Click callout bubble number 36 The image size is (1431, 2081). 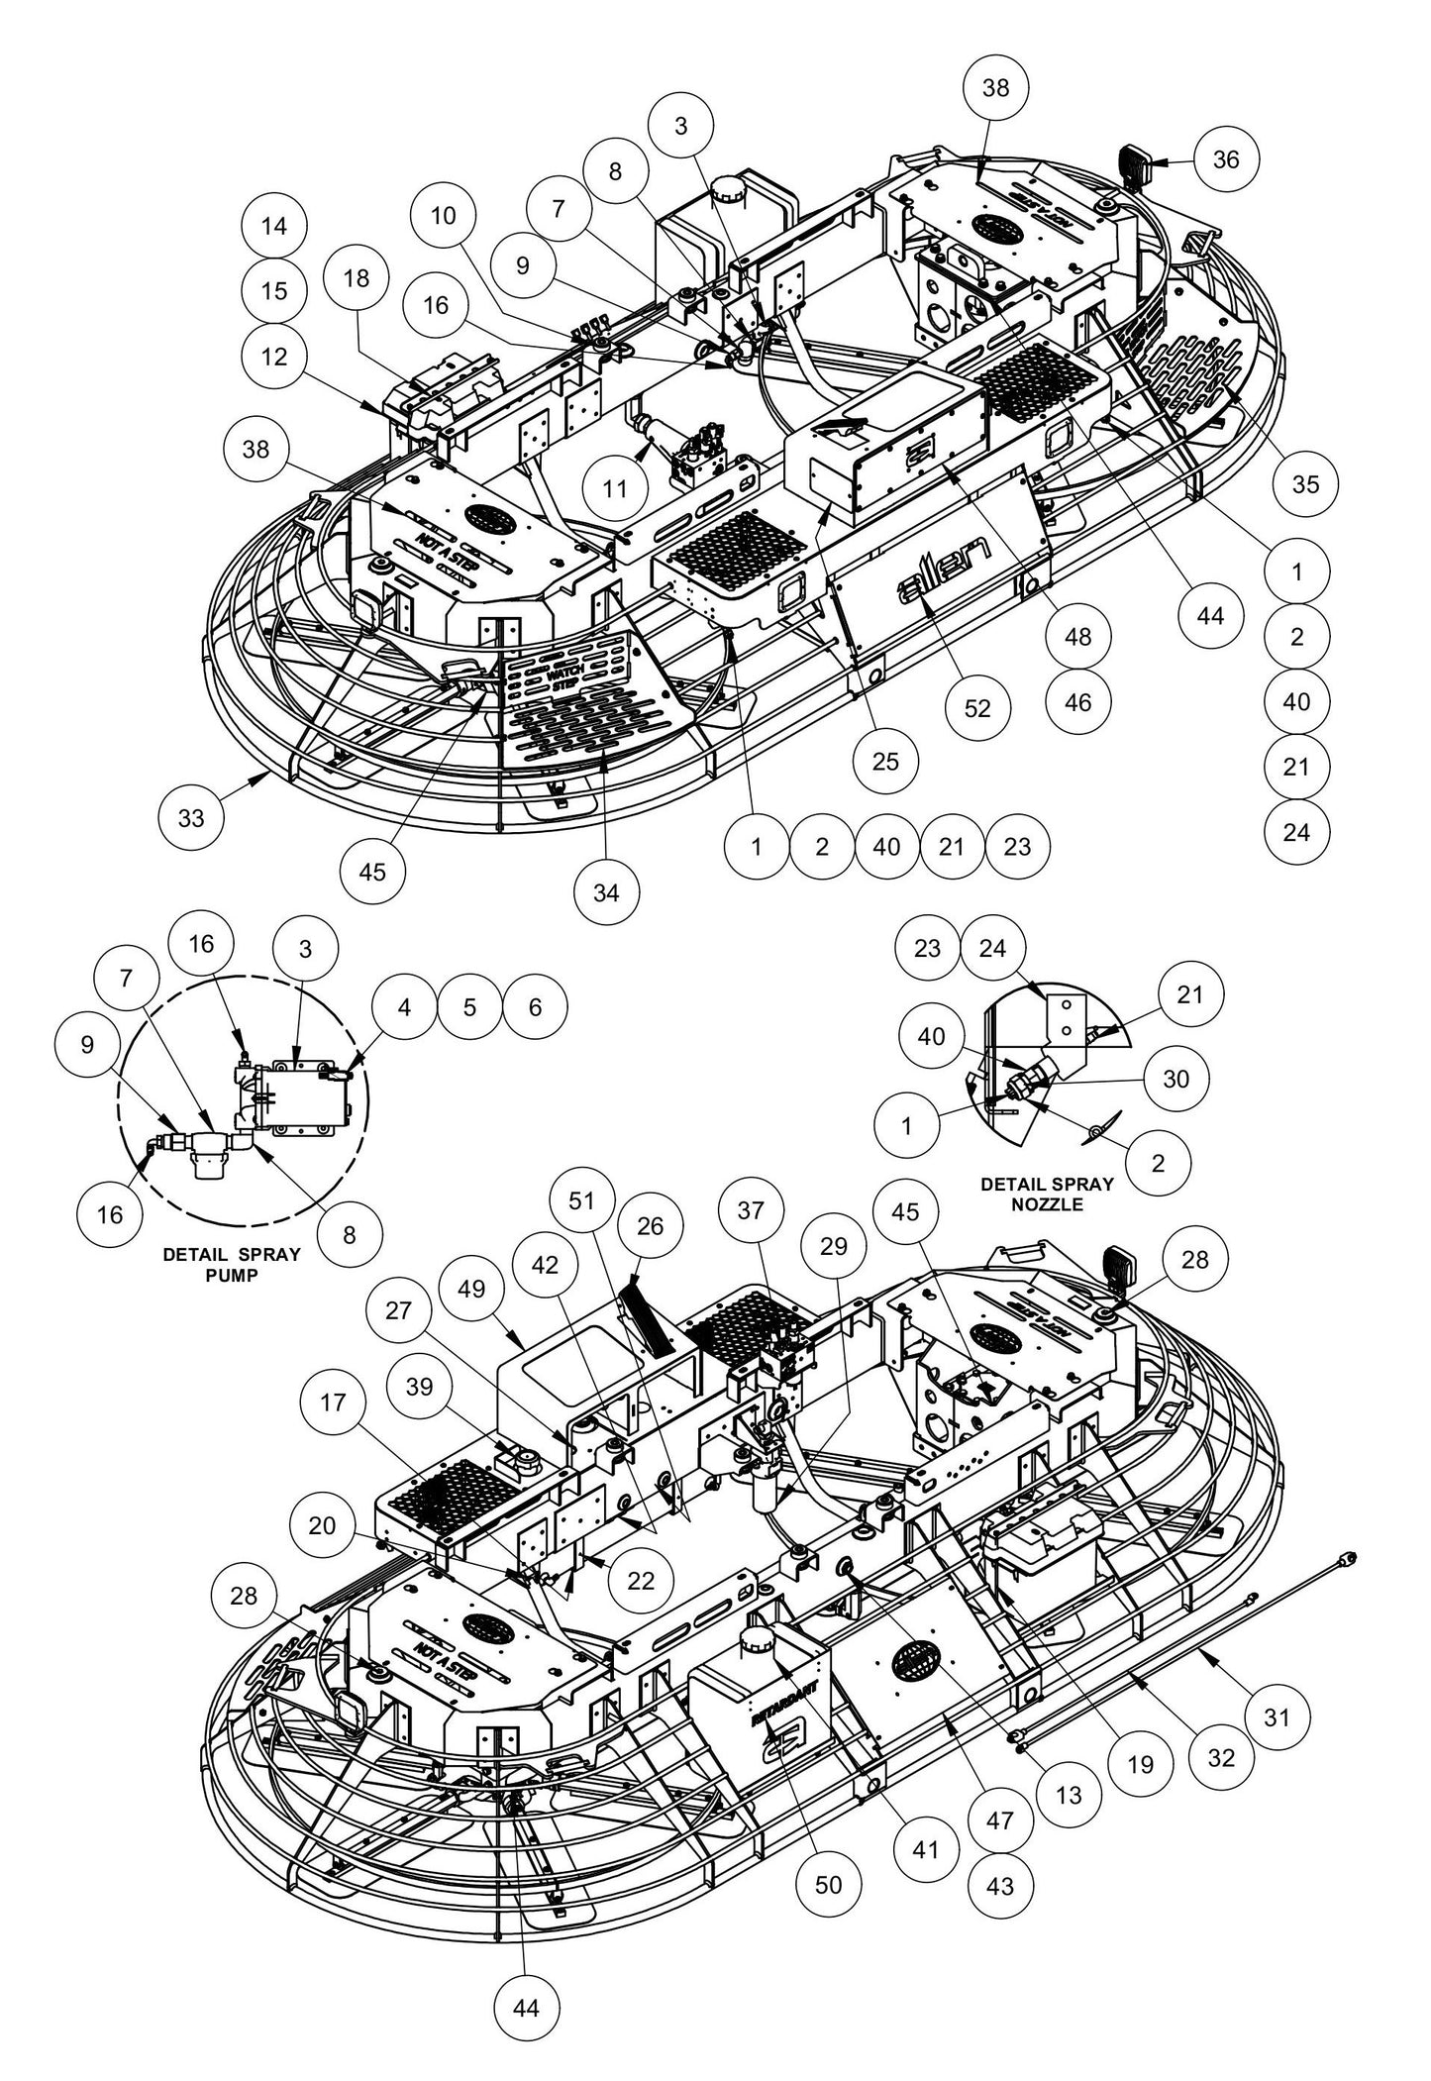click(1226, 159)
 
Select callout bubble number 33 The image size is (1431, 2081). click(191, 818)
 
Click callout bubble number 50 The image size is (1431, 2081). click(829, 1884)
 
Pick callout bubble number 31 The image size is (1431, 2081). click(1278, 1717)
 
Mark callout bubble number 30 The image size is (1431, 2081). click(1175, 1079)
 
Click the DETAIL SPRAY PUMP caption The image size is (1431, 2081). click(231, 1264)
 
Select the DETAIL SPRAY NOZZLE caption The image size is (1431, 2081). click(1047, 1194)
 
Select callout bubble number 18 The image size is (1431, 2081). click(357, 279)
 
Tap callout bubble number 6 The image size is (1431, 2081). click(535, 1006)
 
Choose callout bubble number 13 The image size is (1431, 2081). click(1069, 1793)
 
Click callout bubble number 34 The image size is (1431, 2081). click(606, 892)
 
